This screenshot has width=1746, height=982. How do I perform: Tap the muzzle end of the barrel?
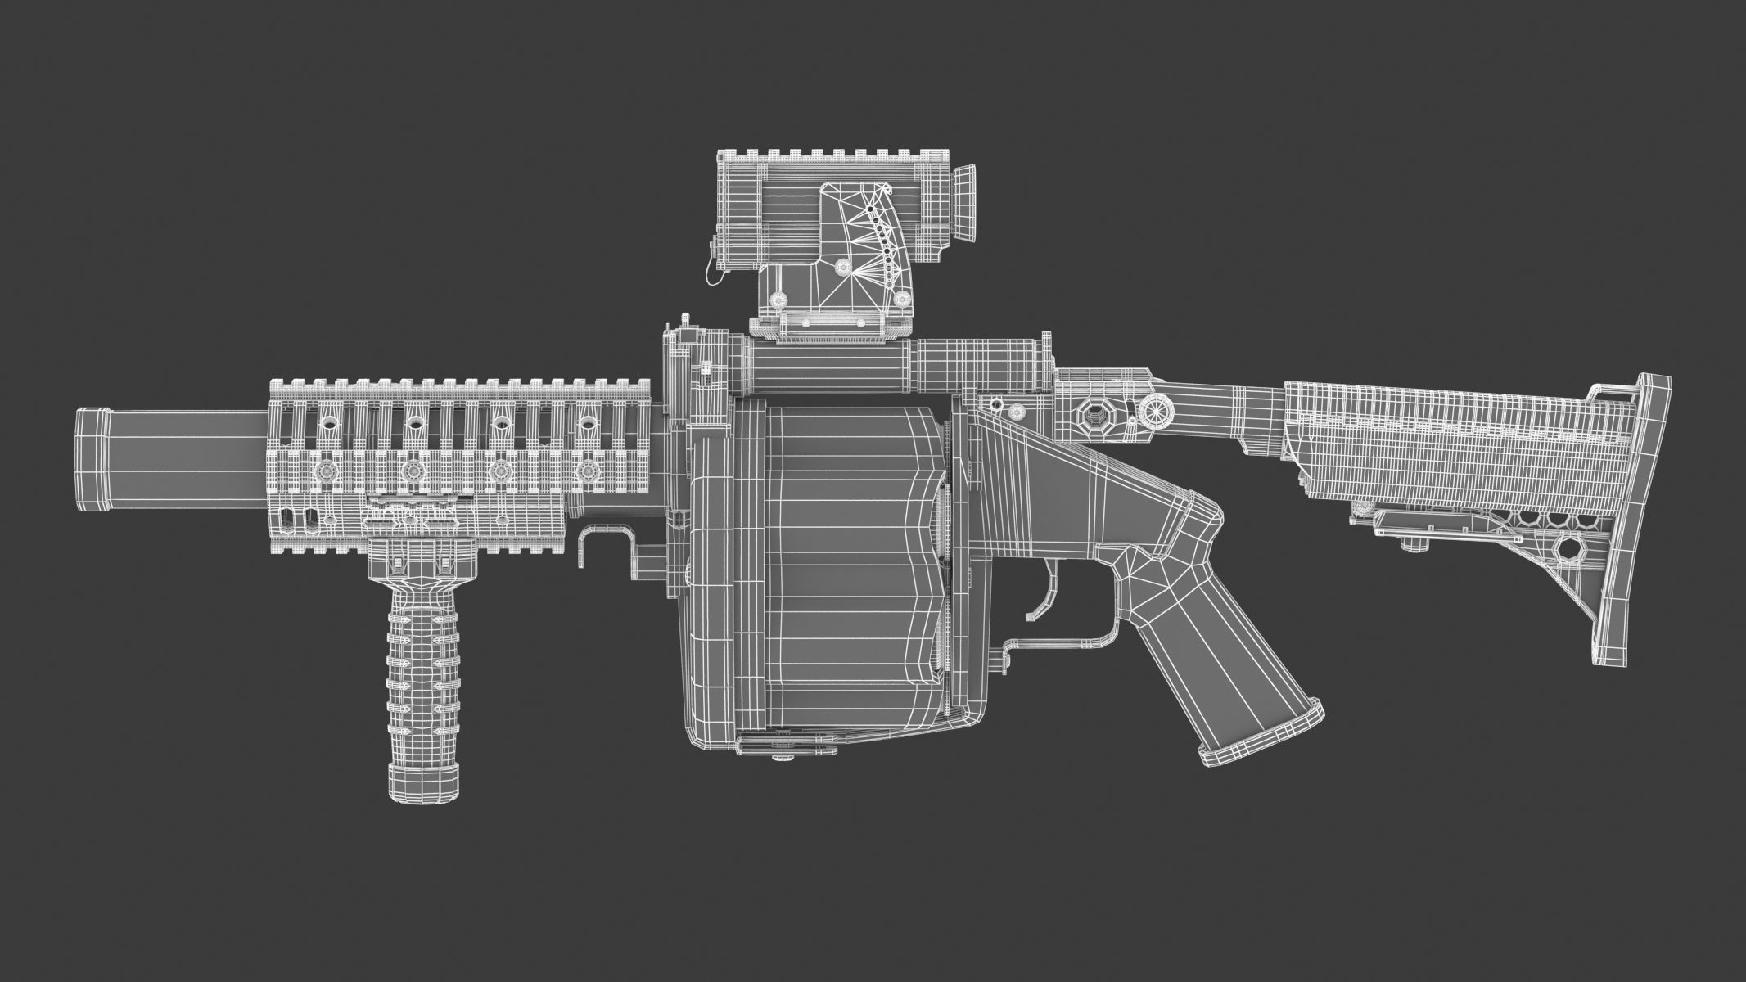point(92,461)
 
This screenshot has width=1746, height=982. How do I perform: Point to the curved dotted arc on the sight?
point(882,254)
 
